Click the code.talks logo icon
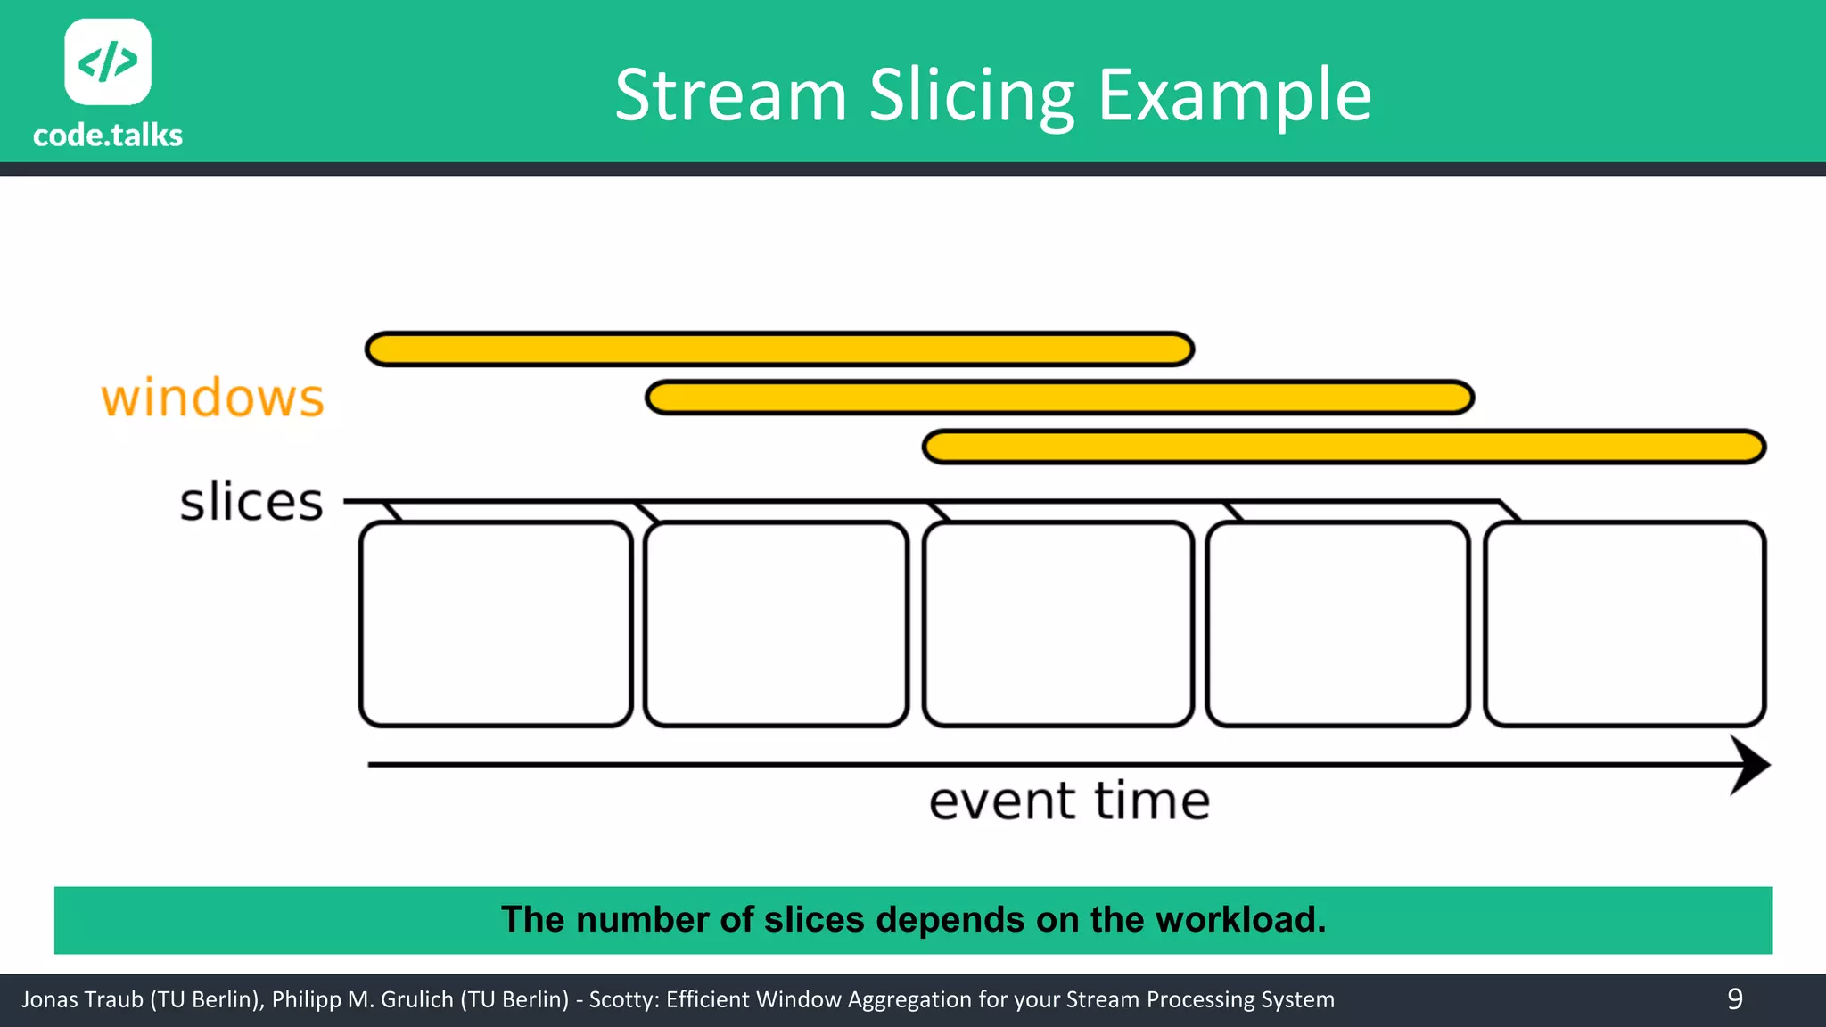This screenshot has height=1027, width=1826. [108, 62]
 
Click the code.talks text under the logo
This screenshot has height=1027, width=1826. [108, 136]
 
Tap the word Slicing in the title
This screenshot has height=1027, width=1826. [972, 96]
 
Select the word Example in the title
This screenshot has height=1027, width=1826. [1234, 96]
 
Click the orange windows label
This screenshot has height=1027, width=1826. [212, 398]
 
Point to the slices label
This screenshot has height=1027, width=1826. [251, 502]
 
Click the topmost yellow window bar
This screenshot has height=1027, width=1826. [779, 349]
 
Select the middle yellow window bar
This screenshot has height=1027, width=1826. [1059, 398]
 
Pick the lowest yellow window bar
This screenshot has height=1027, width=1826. [1344, 447]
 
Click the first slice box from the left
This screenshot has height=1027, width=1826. [496, 624]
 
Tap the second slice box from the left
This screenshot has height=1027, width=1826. [776, 624]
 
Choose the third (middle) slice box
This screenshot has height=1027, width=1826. [1058, 624]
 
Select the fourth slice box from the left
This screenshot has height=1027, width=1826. [1337, 624]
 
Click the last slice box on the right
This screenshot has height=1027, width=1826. [1624, 624]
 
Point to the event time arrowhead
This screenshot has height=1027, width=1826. [1749, 765]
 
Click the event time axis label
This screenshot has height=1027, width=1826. [1069, 801]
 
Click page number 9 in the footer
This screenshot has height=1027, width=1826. [1734, 999]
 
